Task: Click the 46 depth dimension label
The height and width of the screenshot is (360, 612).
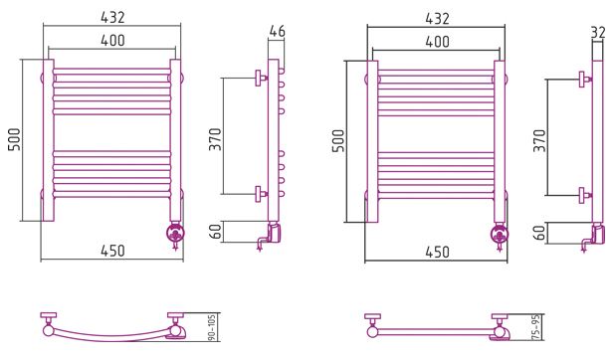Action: pyautogui.click(x=277, y=31)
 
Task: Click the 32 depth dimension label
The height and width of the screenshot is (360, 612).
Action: pyautogui.click(x=598, y=33)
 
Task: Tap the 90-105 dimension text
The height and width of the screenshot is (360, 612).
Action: pyautogui.click(x=212, y=327)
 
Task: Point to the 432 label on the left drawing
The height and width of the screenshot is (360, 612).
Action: pyautogui.click(x=112, y=18)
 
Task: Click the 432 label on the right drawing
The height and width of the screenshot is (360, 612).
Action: pyautogui.click(x=437, y=19)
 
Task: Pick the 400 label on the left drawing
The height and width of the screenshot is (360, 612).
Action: pyautogui.click(x=112, y=40)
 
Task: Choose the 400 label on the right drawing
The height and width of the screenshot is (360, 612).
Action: pyautogui.click(x=437, y=42)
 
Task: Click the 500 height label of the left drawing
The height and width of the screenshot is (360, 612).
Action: pyautogui.click(x=15, y=139)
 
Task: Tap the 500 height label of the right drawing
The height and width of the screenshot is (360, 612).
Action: pyautogui.click(x=338, y=141)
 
